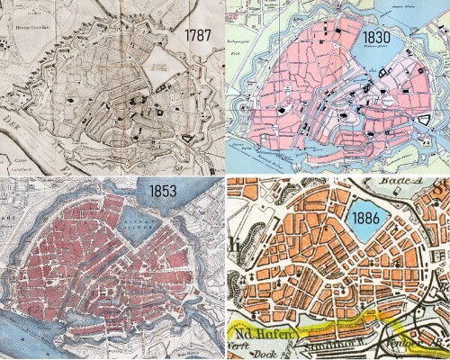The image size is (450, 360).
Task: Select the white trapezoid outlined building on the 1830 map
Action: [424, 120]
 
